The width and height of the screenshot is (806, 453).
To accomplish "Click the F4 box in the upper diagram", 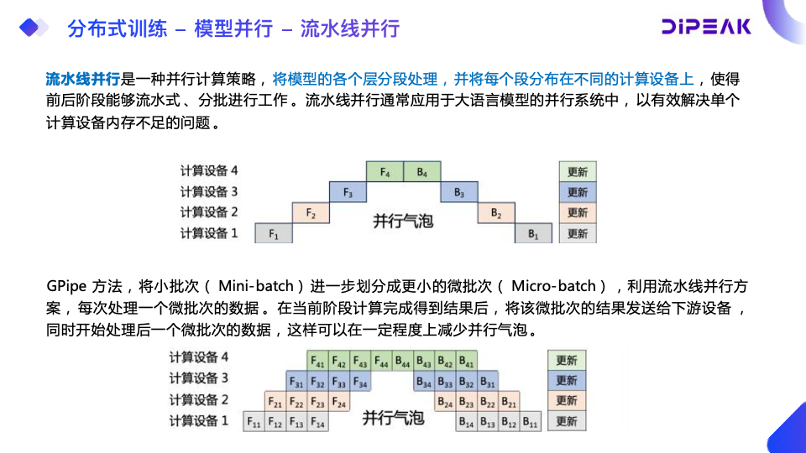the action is [x=385, y=173].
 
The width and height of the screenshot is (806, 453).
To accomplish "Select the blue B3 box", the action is [x=459, y=193].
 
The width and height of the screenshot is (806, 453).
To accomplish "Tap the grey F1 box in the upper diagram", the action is [x=273, y=234].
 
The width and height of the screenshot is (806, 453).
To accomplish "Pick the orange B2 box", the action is [x=496, y=213].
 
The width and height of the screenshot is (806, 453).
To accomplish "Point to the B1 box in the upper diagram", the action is [x=533, y=234].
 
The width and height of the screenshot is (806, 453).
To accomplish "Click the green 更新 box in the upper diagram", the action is [x=578, y=172].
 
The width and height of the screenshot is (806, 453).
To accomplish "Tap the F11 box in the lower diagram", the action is [x=254, y=422].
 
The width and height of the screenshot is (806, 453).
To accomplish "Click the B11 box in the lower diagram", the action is [x=531, y=422].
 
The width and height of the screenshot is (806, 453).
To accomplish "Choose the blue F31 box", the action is [x=296, y=382].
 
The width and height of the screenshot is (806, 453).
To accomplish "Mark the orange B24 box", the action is [x=446, y=402].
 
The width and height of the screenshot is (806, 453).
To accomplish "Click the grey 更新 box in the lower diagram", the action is [x=567, y=422].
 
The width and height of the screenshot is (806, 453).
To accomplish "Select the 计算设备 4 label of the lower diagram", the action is [x=199, y=357].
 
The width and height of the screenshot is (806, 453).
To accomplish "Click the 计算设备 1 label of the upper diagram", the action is [x=210, y=233].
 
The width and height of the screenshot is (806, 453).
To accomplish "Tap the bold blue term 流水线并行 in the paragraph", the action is [x=82, y=80].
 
